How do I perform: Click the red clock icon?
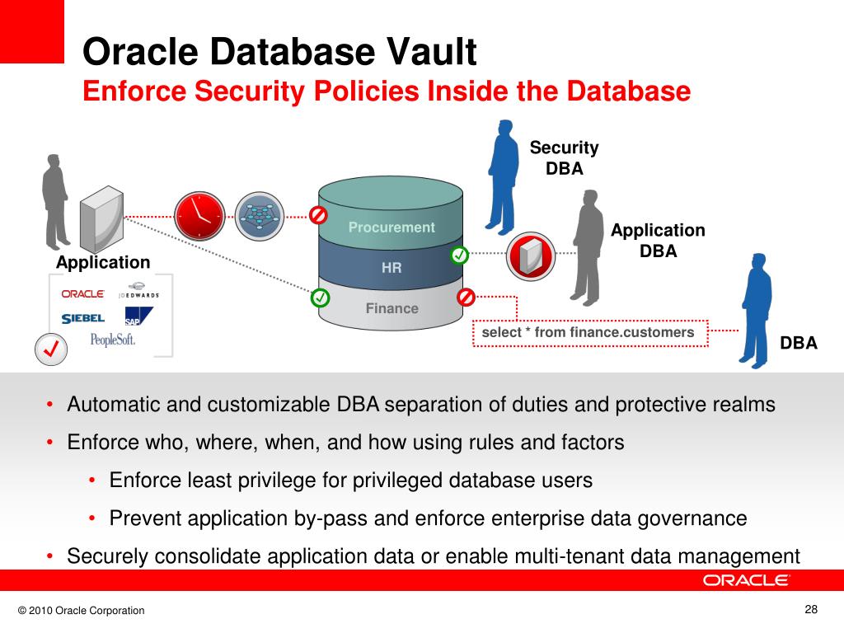[199, 215]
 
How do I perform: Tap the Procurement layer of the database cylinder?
[391, 227]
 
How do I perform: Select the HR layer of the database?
[391, 268]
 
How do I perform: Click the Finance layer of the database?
[392, 308]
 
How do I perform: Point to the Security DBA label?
[564, 158]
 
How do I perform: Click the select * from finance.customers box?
[588, 332]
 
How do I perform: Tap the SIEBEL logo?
[82, 318]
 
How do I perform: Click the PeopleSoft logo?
[113, 339]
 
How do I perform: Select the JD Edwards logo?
[138, 294]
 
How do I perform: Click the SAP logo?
[138, 316]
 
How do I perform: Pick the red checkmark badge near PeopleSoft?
[50, 349]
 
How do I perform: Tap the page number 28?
[811, 610]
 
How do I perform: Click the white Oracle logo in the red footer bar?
[746, 580]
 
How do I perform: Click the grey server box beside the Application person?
[101, 218]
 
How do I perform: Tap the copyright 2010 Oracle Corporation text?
[81, 611]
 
